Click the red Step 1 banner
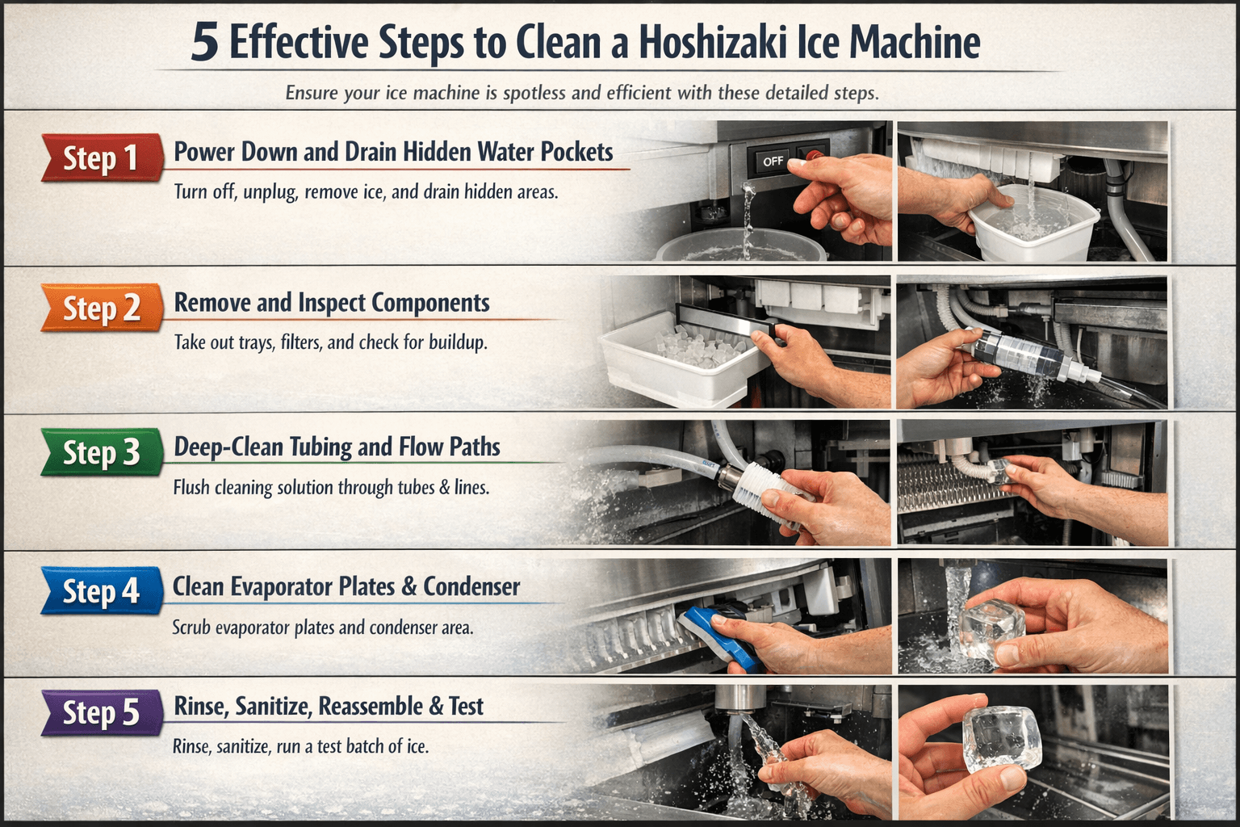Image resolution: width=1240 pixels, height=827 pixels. point(103,157)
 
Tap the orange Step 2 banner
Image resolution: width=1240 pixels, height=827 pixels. point(103,308)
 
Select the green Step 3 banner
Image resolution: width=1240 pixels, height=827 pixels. point(103,452)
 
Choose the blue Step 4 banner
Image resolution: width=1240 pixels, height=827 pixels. point(103,590)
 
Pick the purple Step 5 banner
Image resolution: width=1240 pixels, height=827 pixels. point(103,712)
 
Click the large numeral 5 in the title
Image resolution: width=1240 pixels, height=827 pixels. point(204,43)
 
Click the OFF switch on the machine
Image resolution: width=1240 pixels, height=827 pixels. point(773,162)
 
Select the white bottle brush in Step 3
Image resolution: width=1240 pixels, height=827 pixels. point(769,490)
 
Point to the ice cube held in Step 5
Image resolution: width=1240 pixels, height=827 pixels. point(1002,740)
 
